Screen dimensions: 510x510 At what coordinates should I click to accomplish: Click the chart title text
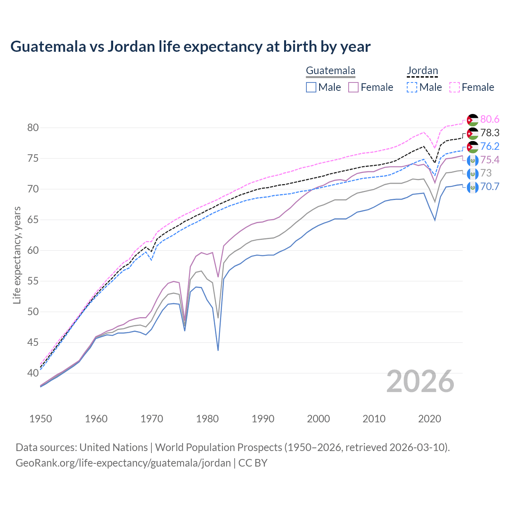pos(190,47)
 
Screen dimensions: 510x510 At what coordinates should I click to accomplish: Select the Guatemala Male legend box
pos(311,87)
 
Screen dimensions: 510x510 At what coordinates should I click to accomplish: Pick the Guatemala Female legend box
pos(353,87)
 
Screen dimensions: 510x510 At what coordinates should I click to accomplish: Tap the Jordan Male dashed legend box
pos(412,87)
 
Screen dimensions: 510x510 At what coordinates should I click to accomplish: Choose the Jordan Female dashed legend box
pos(455,87)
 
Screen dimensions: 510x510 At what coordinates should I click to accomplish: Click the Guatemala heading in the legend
pos(330,71)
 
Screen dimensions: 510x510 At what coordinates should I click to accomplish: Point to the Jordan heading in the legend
pos(422,71)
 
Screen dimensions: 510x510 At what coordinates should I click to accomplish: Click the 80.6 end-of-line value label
pos(490,120)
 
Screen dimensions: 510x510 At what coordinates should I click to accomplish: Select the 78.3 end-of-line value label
pos(490,133)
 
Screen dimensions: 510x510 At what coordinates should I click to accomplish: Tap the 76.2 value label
pos(490,147)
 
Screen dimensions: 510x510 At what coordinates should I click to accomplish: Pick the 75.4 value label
pos(490,160)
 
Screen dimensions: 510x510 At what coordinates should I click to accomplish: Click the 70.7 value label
pos(490,187)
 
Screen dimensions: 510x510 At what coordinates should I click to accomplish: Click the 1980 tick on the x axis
pos(207,419)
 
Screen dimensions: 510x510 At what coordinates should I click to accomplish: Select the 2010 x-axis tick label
pos(374,419)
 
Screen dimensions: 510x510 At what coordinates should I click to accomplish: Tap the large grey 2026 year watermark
pos(420,382)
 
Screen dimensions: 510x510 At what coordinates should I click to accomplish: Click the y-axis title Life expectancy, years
pos(17,255)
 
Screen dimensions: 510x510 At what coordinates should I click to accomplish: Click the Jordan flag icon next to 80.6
pos(473,120)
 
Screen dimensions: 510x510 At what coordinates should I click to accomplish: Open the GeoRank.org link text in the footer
pos(123,463)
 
